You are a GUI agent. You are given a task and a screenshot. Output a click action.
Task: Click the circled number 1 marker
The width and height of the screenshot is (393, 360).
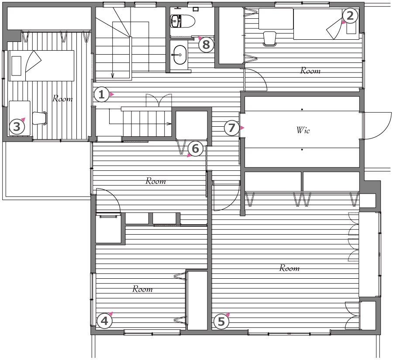(101, 94)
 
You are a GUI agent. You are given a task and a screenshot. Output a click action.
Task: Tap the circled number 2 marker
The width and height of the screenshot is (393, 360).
(350, 16)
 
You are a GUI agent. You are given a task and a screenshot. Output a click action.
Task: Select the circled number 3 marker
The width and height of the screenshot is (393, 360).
(17, 127)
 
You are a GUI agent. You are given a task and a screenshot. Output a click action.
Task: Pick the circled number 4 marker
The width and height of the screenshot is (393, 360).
(104, 321)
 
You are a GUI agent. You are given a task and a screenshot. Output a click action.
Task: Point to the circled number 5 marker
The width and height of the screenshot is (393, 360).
(221, 322)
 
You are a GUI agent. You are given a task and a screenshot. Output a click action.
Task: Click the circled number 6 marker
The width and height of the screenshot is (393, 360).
(195, 149)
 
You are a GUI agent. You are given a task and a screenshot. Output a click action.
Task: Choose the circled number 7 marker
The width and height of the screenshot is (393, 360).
(231, 128)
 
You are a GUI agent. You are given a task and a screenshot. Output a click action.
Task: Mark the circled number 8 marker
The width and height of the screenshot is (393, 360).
(206, 45)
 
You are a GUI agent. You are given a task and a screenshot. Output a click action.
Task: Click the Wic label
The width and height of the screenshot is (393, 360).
(303, 130)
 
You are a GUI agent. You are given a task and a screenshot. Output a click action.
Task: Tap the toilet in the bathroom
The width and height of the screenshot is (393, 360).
(183, 21)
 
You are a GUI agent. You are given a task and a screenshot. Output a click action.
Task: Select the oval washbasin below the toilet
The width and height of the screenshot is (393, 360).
(179, 55)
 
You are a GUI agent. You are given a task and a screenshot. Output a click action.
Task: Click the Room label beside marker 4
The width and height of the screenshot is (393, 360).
(142, 289)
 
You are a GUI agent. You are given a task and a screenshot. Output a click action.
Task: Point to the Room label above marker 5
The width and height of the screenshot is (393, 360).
(289, 268)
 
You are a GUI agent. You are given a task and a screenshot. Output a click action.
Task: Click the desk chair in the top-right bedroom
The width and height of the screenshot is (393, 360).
(269, 39)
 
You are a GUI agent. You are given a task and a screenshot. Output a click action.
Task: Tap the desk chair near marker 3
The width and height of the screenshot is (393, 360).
(40, 118)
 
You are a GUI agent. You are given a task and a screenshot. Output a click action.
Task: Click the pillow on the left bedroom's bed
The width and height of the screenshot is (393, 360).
(17, 66)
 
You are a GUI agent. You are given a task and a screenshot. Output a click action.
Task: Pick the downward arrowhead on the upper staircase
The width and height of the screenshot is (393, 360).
(113, 76)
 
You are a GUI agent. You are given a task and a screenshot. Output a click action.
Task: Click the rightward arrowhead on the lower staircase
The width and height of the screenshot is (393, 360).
(169, 124)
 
